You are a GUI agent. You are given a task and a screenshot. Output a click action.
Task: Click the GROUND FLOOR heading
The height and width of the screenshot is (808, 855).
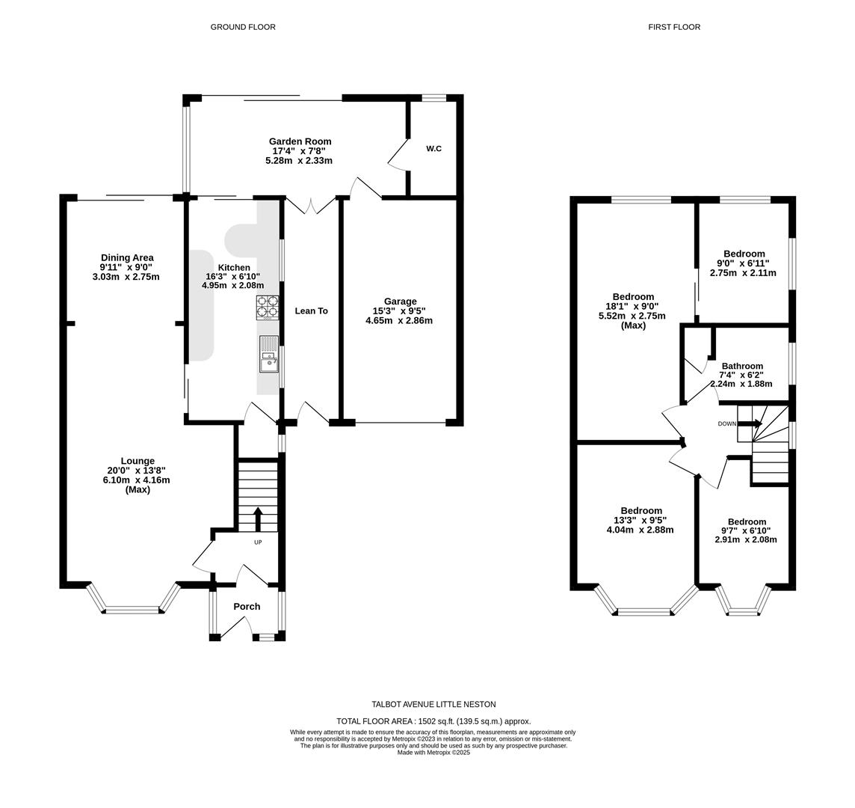click(243, 27)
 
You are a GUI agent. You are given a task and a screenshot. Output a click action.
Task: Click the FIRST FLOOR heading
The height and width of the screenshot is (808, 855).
click(674, 27)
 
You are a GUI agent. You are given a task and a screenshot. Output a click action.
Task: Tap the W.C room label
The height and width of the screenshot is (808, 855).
click(433, 149)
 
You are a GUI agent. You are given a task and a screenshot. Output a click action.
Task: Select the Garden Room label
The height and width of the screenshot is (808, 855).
click(300, 141)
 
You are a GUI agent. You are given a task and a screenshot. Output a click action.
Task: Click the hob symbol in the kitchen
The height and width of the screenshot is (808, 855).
click(268, 307)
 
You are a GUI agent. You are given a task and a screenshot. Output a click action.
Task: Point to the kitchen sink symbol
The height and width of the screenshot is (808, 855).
click(268, 354)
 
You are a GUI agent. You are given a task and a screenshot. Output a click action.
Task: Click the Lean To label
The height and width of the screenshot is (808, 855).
click(311, 310)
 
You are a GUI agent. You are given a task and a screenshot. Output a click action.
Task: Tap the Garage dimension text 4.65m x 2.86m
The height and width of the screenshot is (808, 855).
click(399, 321)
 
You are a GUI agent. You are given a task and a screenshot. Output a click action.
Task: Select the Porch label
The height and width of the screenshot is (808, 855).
click(247, 607)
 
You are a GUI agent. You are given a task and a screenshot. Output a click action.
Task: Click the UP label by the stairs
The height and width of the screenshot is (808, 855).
click(258, 542)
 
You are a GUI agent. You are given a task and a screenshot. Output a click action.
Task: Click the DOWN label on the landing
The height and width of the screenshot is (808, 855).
click(726, 424)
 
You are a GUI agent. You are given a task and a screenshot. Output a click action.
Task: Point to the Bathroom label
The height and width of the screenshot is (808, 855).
click(742, 367)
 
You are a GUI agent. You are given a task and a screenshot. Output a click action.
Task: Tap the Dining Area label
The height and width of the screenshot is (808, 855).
click(127, 258)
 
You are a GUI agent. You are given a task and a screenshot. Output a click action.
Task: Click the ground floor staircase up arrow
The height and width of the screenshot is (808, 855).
click(258, 518)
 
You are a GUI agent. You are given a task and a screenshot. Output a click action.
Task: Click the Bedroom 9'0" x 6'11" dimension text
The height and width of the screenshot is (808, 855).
click(743, 263)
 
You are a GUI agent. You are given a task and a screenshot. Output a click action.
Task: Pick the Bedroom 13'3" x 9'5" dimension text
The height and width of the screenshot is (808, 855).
click(641, 520)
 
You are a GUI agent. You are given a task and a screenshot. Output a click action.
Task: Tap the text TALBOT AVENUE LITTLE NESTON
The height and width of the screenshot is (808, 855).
click(433, 705)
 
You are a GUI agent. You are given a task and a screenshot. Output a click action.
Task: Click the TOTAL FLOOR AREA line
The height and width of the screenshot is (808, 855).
click(433, 721)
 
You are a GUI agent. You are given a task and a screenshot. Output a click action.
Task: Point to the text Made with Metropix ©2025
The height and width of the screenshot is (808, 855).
click(433, 753)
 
